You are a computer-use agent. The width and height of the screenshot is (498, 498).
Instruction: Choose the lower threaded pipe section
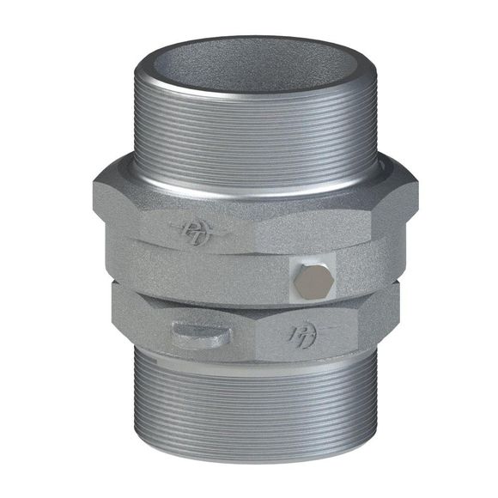pyautogui.click(x=251, y=412)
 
